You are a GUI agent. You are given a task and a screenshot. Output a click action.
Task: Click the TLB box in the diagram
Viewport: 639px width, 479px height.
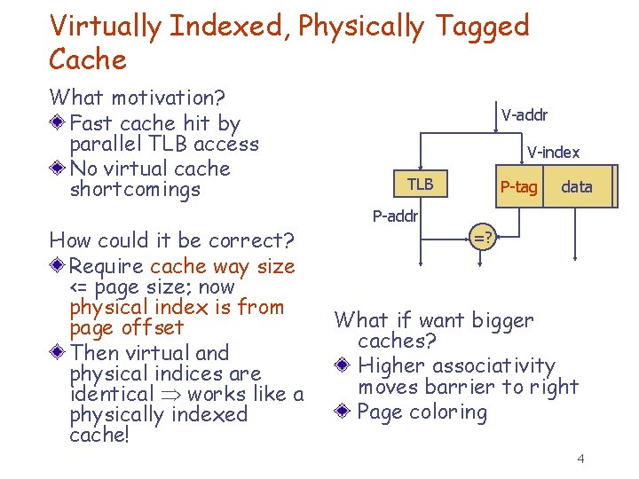pyautogui.click(x=420, y=185)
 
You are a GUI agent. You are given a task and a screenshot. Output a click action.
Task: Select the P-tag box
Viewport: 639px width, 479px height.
pyautogui.click(x=518, y=186)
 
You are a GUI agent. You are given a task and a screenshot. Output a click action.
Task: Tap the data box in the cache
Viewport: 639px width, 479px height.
pyautogui.click(x=577, y=186)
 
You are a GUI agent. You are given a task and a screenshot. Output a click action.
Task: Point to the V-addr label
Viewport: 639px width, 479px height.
pyautogui.click(x=524, y=114)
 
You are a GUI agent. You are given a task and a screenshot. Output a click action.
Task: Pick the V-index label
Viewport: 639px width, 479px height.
pyautogui.click(x=553, y=153)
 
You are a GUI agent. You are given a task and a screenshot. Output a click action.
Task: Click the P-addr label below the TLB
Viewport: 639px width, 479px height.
pyautogui.click(x=394, y=216)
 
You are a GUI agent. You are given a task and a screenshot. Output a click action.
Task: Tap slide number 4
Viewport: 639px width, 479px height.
pyautogui.click(x=580, y=459)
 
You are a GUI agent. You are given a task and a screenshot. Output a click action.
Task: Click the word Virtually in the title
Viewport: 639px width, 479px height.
pyautogui.click(x=105, y=27)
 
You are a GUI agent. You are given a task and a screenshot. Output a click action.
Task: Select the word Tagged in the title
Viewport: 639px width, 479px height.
pyautogui.click(x=483, y=27)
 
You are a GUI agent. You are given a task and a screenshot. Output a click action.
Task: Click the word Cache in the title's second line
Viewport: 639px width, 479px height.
pyautogui.click(x=88, y=59)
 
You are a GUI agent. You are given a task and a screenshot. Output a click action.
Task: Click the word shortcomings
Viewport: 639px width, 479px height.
pyautogui.click(x=135, y=189)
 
